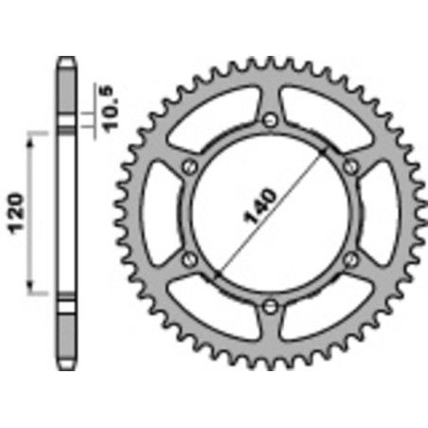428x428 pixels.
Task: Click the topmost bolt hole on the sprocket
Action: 270,118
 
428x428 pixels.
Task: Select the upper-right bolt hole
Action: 350,166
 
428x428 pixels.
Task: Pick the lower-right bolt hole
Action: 350,258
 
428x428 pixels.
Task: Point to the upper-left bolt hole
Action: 189,166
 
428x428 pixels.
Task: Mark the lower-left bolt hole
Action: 189,258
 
